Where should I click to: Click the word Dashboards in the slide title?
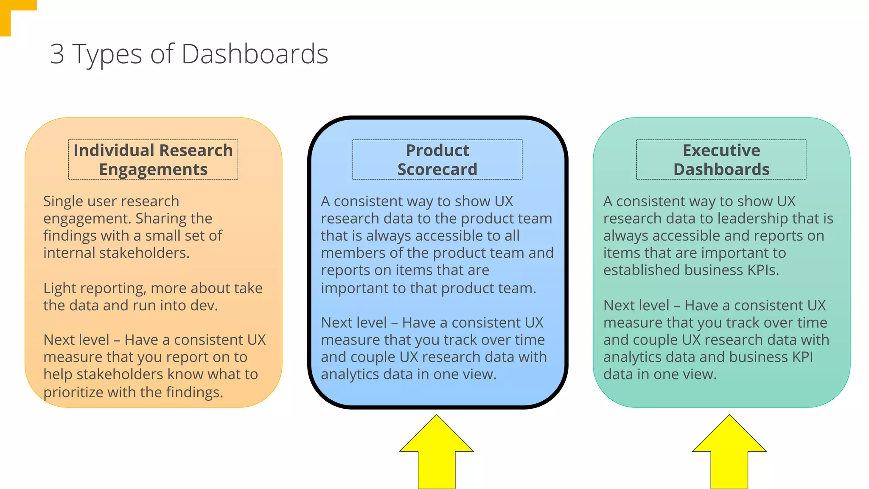(255, 54)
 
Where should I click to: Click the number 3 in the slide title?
(57, 54)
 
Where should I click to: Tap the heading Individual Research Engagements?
(153, 160)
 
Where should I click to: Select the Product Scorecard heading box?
(437, 160)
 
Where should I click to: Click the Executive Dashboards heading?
(721, 160)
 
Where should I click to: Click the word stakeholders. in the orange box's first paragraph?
(144, 253)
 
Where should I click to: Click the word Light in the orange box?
(60, 288)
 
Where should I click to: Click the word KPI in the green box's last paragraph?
(802, 357)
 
